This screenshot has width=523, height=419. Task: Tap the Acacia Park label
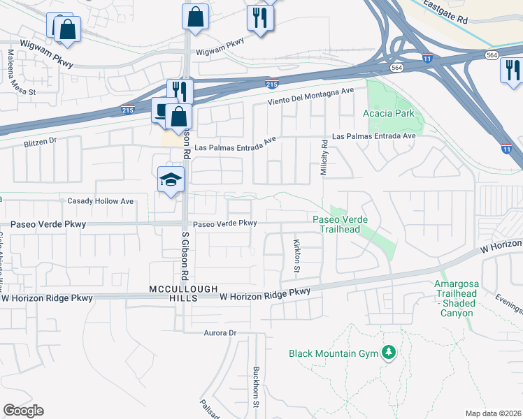(389, 113)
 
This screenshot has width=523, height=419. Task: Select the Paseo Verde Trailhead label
(341, 225)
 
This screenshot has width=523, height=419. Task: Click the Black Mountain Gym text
(333, 353)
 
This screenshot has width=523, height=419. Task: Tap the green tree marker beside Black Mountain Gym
(389, 353)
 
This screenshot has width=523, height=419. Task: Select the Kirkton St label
(297, 255)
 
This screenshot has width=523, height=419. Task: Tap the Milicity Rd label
(324, 156)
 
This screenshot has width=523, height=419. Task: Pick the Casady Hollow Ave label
(100, 201)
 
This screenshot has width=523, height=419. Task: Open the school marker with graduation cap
(171, 180)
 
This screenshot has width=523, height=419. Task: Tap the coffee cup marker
(162, 111)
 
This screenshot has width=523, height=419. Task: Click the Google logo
(23, 411)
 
